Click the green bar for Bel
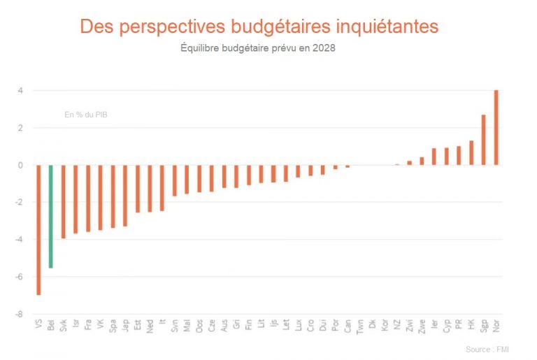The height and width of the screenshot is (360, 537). coord(51,216)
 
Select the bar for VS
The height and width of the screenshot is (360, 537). coord(38,230)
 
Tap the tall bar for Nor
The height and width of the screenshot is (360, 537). coord(496,127)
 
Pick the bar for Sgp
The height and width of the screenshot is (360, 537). coord(483,140)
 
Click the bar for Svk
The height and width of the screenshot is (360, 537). coord(64,201)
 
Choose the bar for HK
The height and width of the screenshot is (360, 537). coord(471,152)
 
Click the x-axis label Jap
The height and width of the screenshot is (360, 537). coord(125,326)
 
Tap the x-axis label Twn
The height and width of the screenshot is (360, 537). coord(359,326)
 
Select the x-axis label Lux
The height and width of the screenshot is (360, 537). coord(298,326)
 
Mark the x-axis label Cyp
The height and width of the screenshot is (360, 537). coord(446,326)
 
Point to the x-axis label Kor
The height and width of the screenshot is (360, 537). coord(385,326)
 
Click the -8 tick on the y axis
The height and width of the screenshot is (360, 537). coord(21,314)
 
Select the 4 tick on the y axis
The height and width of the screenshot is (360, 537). coord(21,91)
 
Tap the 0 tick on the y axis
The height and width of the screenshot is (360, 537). coord(21,165)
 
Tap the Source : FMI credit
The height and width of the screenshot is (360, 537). coord(487,349)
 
